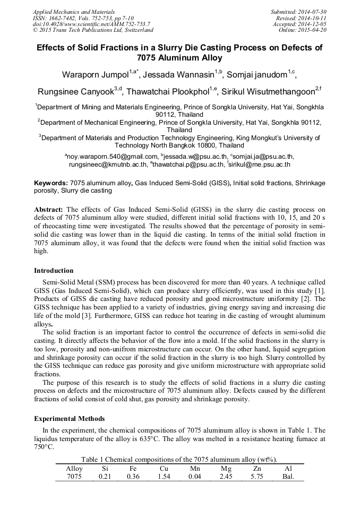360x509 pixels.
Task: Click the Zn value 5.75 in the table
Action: (256, 477)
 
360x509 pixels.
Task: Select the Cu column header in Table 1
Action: (164, 469)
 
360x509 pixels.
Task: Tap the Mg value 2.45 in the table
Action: (226, 477)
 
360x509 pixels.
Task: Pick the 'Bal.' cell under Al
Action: (288, 477)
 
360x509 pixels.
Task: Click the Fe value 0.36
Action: (133, 477)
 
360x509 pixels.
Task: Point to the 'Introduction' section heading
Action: (54, 271)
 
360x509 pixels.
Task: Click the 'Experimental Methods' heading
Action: (69, 418)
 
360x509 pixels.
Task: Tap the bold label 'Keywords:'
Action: (50, 183)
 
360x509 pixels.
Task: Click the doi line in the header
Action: (91, 24)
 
